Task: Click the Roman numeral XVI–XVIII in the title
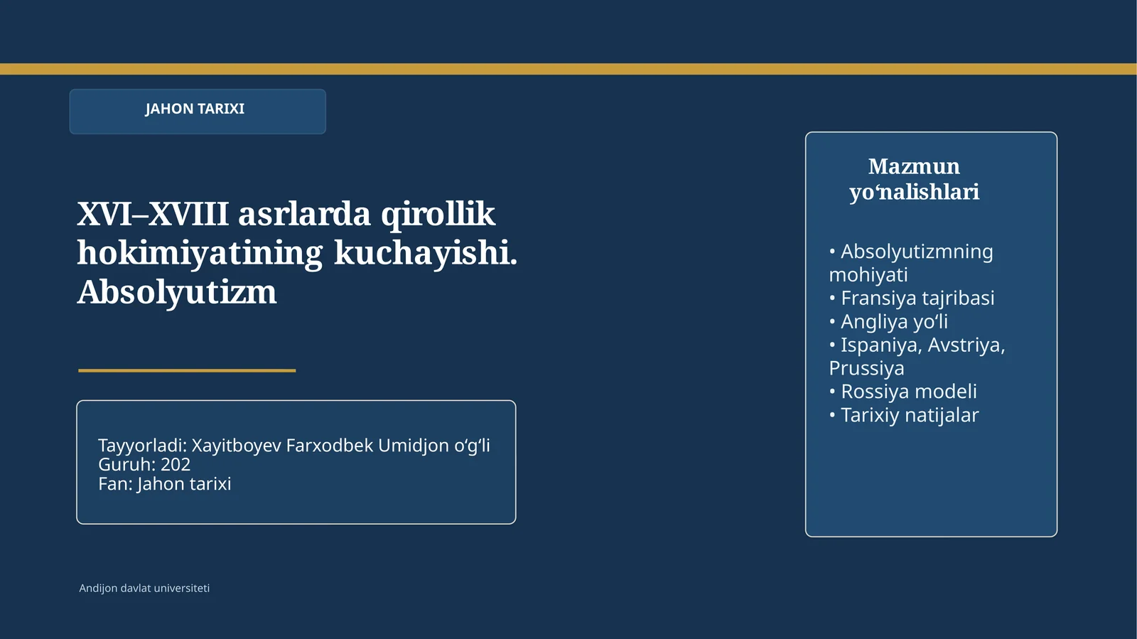[153, 214]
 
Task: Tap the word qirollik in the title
[438, 214]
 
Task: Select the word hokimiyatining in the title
[200, 253]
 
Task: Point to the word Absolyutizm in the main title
[177, 292]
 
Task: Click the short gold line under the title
[187, 370]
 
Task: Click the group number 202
[176, 465]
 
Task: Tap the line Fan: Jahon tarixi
[164, 484]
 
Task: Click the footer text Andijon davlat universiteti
[144, 589]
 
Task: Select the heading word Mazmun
[914, 166]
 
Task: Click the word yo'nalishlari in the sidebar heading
[914, 192]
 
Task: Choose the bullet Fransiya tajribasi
[917, 298]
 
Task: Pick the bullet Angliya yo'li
[894, 321]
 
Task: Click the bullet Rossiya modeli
[908, 392]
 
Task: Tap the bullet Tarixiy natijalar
[909, 415]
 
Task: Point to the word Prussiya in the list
[866, 368]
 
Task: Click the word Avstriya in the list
[966, 345]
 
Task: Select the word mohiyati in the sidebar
[868, 274]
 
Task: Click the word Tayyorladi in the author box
[142, 446]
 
